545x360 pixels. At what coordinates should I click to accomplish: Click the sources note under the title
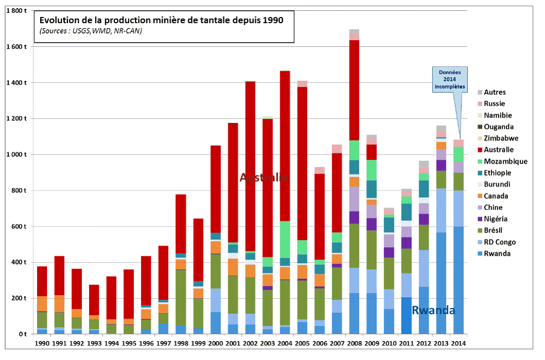(90, 32)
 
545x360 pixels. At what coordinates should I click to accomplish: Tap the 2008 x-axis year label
(353, 342)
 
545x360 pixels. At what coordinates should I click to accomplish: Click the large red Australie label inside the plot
(264, 178)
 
